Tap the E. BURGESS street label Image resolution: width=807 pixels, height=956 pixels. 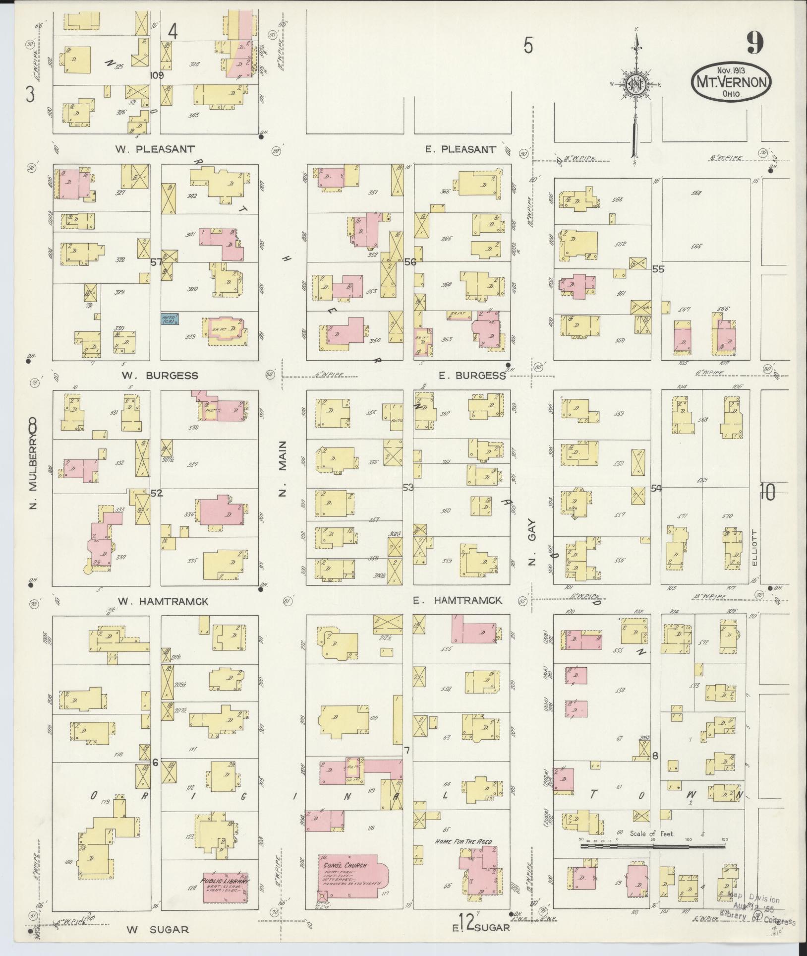[471, 376]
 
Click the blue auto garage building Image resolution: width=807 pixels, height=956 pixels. [170, 319]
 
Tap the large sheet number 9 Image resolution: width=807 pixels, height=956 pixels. [753, 44]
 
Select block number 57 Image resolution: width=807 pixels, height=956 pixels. [156, 262]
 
